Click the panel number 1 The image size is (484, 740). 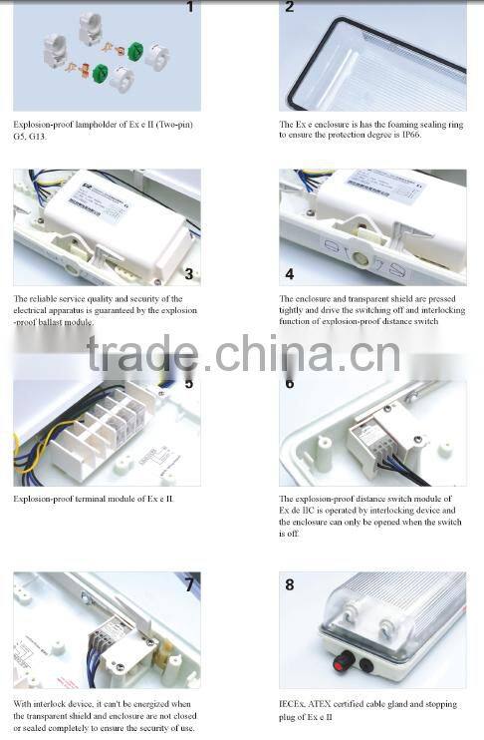click(190, 8)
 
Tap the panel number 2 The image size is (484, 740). click(290, 8)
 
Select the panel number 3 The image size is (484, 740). click(188, 273)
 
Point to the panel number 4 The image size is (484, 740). click(290, 273)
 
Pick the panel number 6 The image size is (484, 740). click(290, 383)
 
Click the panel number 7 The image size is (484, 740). click(188, 584)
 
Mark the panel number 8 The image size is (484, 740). click(290, 584)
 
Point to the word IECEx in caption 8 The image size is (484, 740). click(294, 703)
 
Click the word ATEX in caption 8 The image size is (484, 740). click(331, 703)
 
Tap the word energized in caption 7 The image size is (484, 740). click(149, 703)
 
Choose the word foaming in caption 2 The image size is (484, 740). click(396, 125)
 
